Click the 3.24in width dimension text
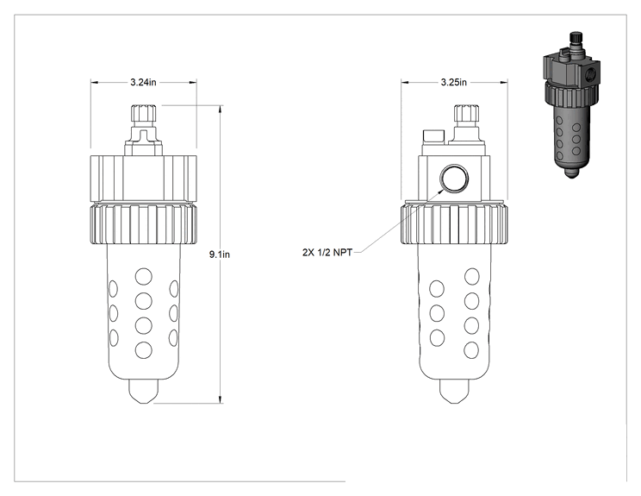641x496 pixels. point(143,82)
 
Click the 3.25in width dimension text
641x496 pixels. point(453,82)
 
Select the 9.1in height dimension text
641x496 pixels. point(220,254)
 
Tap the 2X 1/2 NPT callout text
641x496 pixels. point(327,253)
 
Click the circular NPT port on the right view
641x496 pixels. point(454,178)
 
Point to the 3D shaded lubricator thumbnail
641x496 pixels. point(571,104)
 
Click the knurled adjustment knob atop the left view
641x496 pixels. point(144,113)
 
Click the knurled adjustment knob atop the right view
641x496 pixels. point(467,113)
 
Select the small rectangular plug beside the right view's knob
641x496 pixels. point(433,136)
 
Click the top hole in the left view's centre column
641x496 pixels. point(144,277)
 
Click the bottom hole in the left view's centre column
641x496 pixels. point(144,350)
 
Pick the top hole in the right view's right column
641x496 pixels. point(472,277)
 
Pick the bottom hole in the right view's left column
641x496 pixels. point(437,338)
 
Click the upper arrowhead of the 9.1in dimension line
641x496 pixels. point(221,109)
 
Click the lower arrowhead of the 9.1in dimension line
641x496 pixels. point(221,400)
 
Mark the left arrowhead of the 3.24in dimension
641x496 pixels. point(95,82)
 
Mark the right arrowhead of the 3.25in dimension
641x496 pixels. point(504,82)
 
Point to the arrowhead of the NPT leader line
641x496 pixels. point(441,190)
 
